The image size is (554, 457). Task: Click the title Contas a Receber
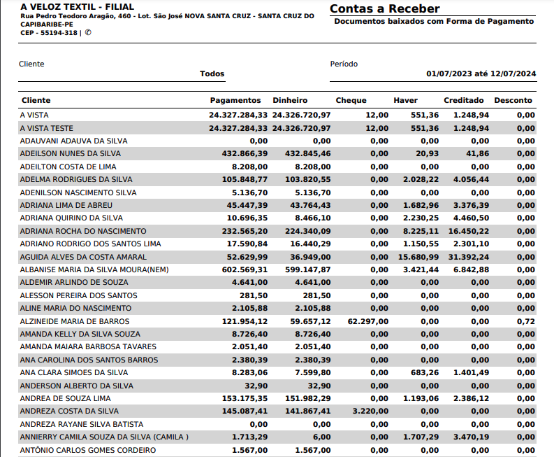tap(384, 9)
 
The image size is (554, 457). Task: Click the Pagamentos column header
tap(235, 101)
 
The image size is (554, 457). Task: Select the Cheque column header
tap(351, 101)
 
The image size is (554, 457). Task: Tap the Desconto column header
tap(513, 101)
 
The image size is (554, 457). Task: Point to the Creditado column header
tap(464, 101)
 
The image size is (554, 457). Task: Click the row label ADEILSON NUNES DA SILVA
tap(70, 153)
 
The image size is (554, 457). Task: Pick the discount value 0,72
tap(526, 321)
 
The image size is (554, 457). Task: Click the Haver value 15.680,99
tap(418, 257)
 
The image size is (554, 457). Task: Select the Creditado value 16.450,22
tap(468, 231)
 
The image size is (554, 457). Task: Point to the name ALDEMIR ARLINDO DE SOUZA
tap(73, 283)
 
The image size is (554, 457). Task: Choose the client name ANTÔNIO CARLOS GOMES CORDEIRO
tap(88, 450)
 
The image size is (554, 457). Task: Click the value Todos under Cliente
tap(212, 73)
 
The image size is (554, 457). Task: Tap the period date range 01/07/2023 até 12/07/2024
tap(481, 73)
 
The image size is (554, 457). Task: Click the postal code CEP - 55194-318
tap(49, 32)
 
